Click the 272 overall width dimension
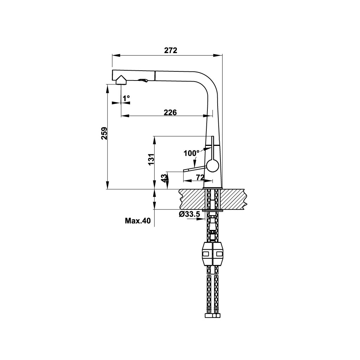point(171,50)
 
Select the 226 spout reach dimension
point(171,112)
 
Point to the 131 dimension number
point(151,159)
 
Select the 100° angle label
point(192,153)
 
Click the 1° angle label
point(126,98)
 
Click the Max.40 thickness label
point(137,221)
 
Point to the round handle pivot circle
point(213,165)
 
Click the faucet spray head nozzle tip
point(121,81)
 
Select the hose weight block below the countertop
point(212,253)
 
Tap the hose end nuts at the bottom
point(212,315)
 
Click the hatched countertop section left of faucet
point(192,199)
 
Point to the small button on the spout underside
point(143,81)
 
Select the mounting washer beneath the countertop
point(213,210)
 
